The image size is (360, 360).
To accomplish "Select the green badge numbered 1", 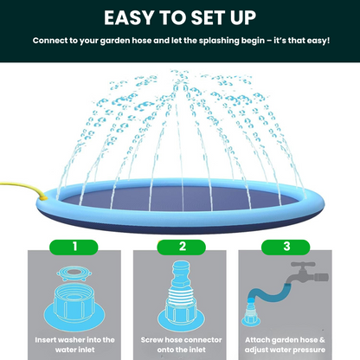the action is point(74,247).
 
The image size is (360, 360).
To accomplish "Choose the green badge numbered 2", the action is point(181,247).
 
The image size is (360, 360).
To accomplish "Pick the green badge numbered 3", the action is point(286,247).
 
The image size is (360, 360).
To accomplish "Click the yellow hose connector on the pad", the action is point(44,197).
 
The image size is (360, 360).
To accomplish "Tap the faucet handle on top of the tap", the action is point(302,264).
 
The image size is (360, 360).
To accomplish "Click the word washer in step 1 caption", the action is point(71,340).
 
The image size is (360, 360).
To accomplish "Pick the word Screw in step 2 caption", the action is point(151,340).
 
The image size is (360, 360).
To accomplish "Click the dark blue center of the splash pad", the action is point(182,199).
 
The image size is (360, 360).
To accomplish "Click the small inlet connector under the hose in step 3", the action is point(250,313).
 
